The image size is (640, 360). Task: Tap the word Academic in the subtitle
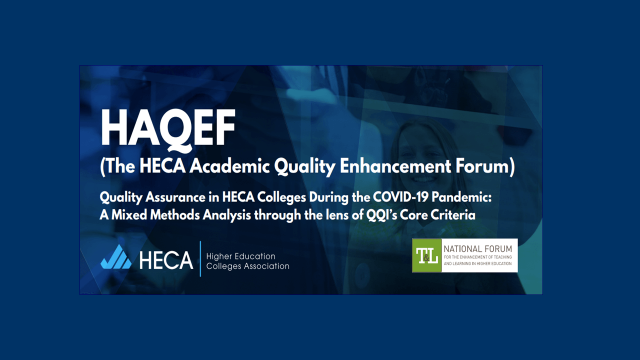[x=229, y=166]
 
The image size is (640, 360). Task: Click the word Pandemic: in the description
[x=461, y=197]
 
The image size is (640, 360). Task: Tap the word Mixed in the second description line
[x=129, y=215]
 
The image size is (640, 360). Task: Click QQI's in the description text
[x=381, y=215]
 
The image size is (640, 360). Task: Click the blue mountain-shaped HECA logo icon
[x=116, y=256]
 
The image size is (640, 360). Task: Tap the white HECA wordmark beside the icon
[x=166, y=260]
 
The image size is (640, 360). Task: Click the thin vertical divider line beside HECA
[x=200, y=259]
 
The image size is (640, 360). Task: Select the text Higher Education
[x=240, y=256]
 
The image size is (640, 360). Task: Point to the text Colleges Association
[x=247, y=266]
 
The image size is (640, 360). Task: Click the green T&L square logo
[x=427, y=255]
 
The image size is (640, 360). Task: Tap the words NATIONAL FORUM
[x=477, y=248]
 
